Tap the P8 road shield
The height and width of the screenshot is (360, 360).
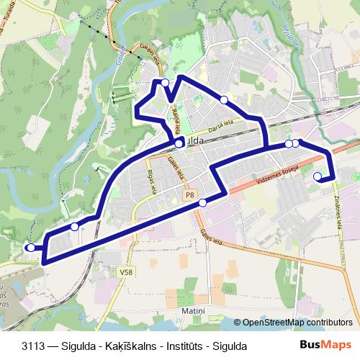point(189,194)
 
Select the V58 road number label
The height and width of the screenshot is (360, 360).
point(127,271)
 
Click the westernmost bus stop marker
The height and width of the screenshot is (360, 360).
point(30,248)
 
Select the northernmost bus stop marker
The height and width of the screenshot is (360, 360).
point(166,83)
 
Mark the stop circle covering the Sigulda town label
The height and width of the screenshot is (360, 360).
point(179,144)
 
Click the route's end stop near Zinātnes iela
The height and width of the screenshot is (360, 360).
point(318,176)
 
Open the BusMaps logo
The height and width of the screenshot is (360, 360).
point(325,346)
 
